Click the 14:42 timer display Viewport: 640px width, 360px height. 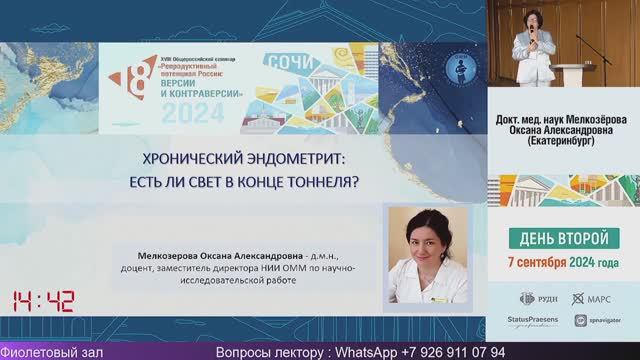coord(44,301)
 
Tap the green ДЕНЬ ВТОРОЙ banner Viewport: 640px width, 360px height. coord(563,239)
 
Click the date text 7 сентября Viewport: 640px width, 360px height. coord(540,262)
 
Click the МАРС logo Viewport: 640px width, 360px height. coord(591,298)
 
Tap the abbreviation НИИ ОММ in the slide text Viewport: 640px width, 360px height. coord(287,268)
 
